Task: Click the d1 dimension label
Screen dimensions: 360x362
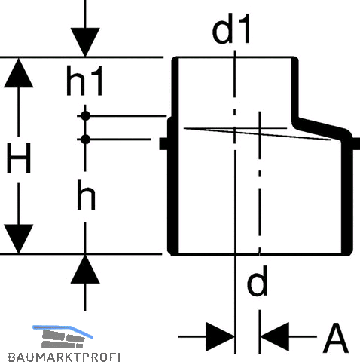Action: pyautogui.click(x=231, y=29)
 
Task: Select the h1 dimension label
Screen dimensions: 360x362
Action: pyautogui.click(x=84, y=81)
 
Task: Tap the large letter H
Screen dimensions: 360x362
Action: pyautogui.click(x=19, y=158)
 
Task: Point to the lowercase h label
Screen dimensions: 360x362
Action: pyautogui.click(x=86, y=195)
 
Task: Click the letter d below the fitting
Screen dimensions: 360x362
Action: pyautogui.click(x=257, y=281)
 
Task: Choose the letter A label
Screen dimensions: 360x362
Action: pyautogui.click(x=336, y=338)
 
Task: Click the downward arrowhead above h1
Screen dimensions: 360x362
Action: pyautogui.click(x=85, y=42)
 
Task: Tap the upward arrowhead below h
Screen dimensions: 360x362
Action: pyautogui.click(x=85, y=269)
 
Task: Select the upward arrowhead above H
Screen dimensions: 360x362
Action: pyautogui.click(x=19, y=73)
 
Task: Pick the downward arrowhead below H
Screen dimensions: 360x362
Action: pyautogui.click(x=19, y=239)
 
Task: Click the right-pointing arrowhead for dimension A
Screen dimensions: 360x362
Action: pyautogui.click(x=220, y=336)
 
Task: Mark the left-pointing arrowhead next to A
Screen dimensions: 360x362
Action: pyautogui.click(x=275, y=336)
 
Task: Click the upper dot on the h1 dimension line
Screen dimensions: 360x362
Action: pyautogui.click(x=85, y=116)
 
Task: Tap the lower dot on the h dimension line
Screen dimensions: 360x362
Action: pyautogui.click(x=85, y=140)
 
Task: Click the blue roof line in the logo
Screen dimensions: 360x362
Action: pyautogui.click(x=63, y=330)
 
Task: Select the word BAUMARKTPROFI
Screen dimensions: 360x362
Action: pyautogui.click(x=64, y=357)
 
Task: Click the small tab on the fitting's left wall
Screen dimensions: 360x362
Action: pyautogui.click(x=163, y=144)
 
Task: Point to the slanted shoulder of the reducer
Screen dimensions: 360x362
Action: pyautogui.click(x=322, y=126)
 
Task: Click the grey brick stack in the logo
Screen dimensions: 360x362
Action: pyautogui.click(x=63, y=339)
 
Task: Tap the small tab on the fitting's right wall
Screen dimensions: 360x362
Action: pyautogui.click(x=356, y=144)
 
